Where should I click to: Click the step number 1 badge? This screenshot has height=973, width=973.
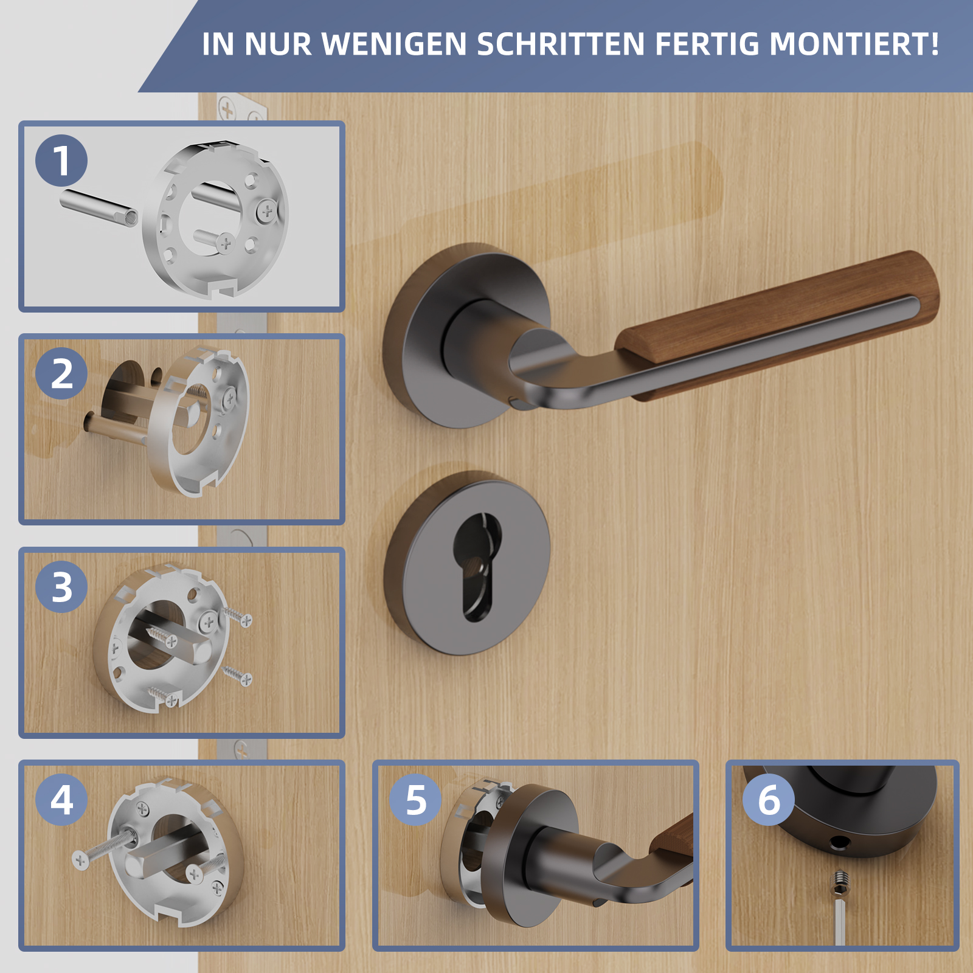point(61,161)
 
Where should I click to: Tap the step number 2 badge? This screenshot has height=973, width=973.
point(61,373)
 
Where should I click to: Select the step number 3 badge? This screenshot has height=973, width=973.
point(61,587)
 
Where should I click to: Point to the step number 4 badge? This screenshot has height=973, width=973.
point(61,800)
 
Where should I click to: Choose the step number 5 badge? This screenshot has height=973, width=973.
point(415,800)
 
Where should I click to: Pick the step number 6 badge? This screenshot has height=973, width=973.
point(769,800)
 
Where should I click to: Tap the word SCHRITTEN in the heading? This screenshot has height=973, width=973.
point(560,44)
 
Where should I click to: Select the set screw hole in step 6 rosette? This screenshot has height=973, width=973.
point(840,843)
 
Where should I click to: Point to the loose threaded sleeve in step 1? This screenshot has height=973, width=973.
point(99,207)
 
